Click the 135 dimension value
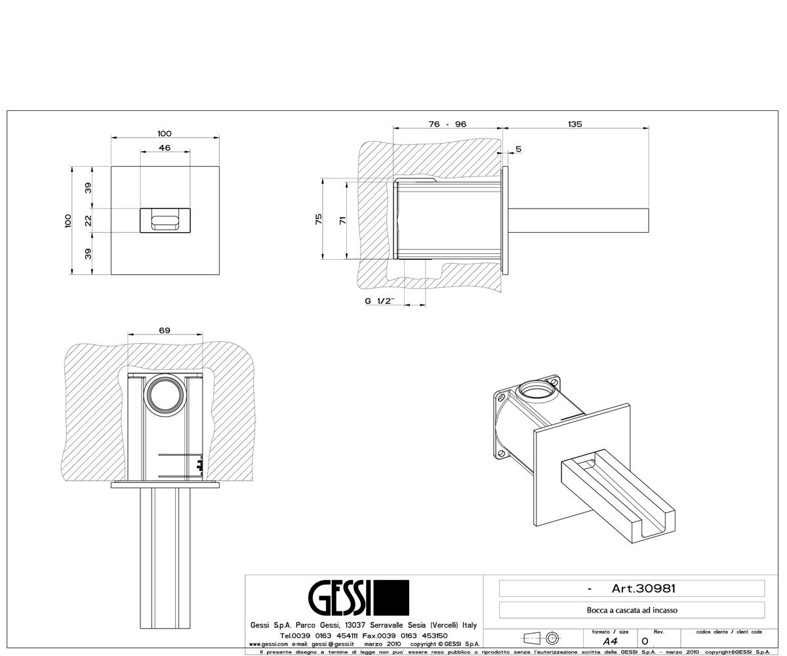point(575,124)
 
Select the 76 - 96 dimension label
point(447,124)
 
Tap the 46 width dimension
point(165,148)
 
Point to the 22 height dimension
point(88,220)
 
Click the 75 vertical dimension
point(319,219)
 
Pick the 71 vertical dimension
point(342,220)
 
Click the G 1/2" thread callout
point(380,301)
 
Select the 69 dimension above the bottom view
point(165,330)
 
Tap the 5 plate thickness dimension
point(519,149)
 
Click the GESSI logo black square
point(392,598)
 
